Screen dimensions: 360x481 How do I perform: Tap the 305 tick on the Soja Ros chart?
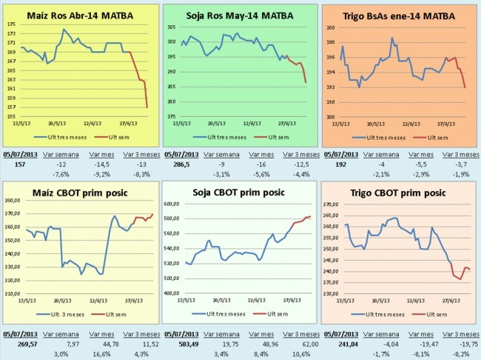tap(169, 27)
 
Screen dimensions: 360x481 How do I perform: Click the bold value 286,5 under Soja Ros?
tap(181, 164)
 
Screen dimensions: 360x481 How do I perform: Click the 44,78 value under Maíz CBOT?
tap(99, 344)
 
